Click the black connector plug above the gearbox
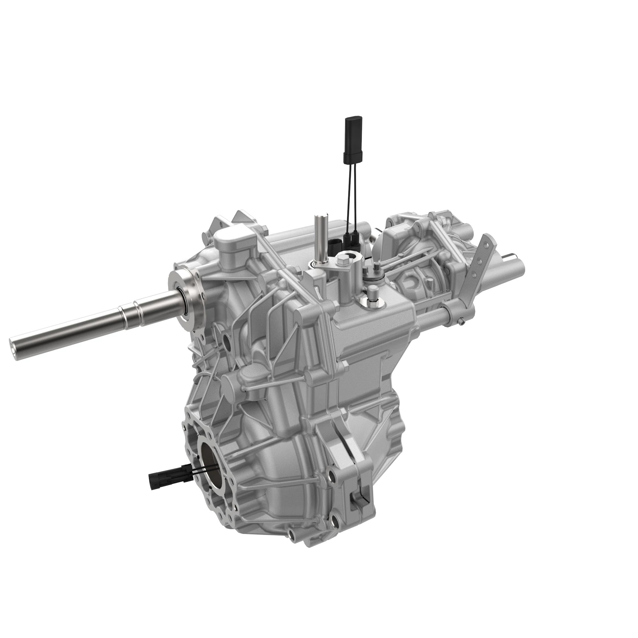point(353,140)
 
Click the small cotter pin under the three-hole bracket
point(462,320)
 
